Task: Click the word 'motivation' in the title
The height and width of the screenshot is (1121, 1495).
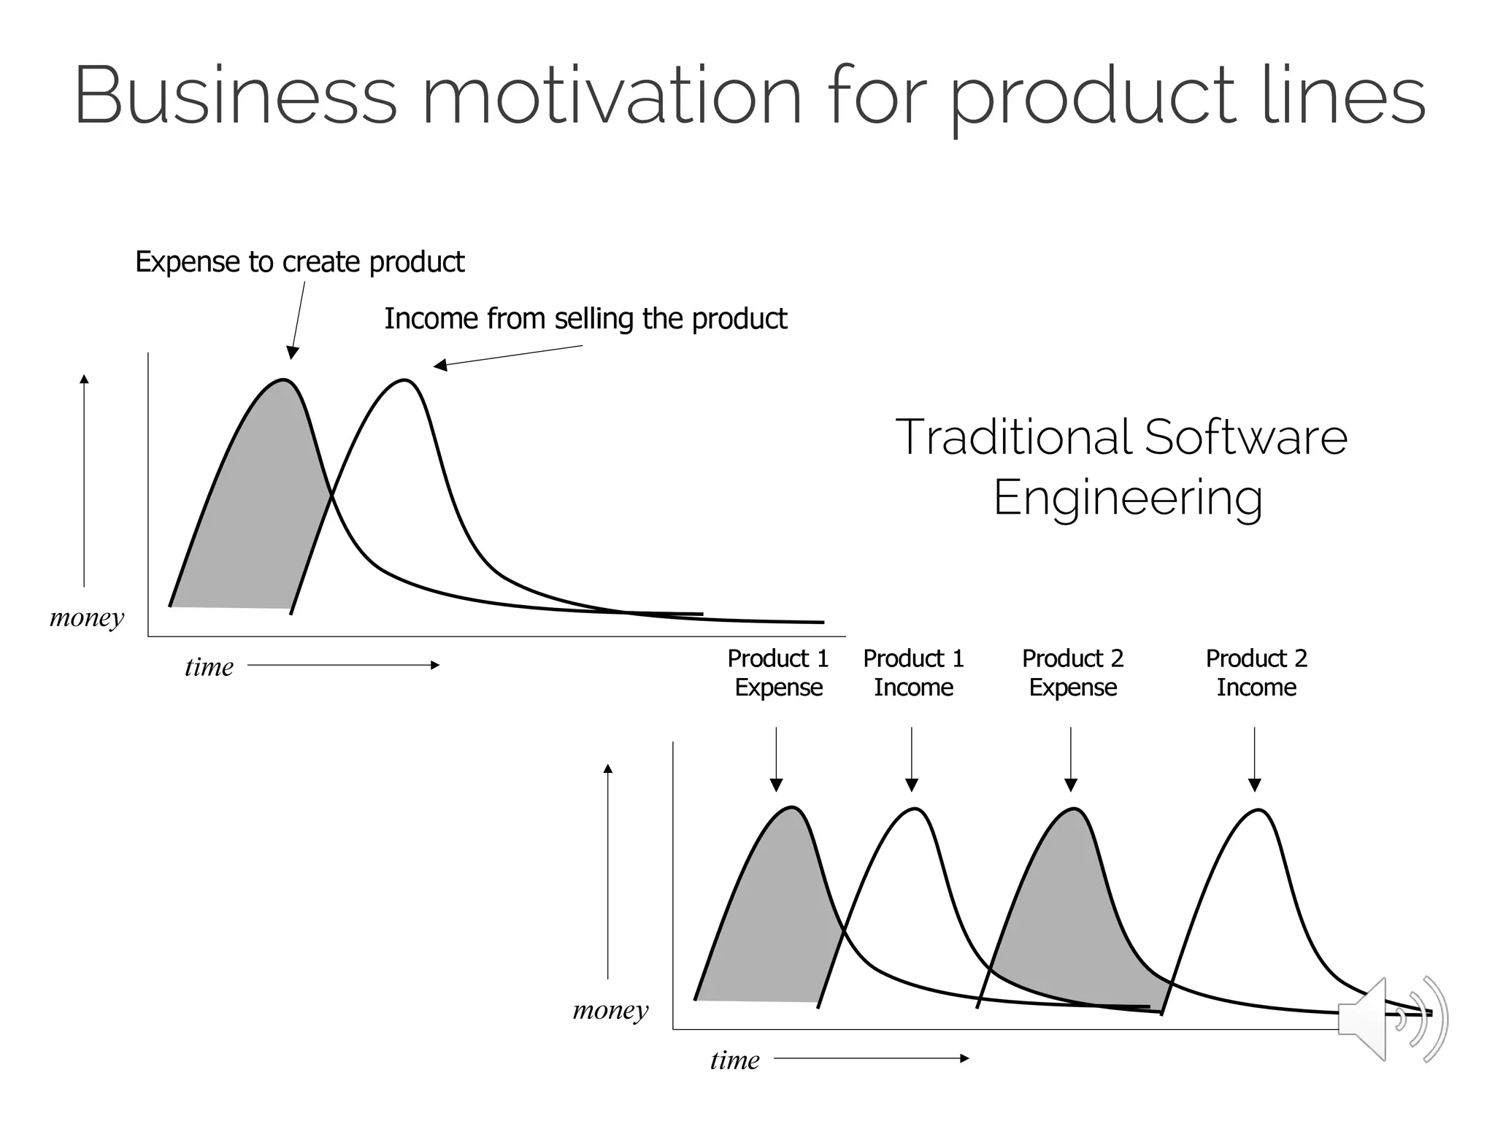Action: point(612,96)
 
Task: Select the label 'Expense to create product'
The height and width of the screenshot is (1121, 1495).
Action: point(299,262)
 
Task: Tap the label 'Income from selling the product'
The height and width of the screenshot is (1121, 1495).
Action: point(585,319)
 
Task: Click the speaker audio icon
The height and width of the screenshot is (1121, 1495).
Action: point(1391,1019)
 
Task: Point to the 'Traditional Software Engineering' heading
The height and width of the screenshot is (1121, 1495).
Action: point(1122,467)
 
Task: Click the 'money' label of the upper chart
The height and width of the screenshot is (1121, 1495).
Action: point(87,617)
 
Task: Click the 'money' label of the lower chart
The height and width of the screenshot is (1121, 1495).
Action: point(610,1010)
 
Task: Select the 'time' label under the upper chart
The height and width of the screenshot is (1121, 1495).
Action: point(209,666)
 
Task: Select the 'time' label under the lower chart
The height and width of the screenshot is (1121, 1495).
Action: point(734,1060)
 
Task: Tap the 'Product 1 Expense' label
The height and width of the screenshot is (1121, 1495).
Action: point(778,673)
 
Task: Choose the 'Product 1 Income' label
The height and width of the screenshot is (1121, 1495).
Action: point(913,673)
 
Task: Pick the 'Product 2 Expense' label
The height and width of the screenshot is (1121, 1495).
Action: point(1072,673)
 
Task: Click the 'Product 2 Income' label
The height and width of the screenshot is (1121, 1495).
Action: point(1256,673)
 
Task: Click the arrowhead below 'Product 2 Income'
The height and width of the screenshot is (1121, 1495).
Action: point(1255,785)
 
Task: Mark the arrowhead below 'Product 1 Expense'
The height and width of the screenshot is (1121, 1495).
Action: point(777,785)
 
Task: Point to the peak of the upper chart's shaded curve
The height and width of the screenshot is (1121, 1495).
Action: point(283,380)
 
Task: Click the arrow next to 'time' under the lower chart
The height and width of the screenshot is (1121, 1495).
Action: point(872,1058)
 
